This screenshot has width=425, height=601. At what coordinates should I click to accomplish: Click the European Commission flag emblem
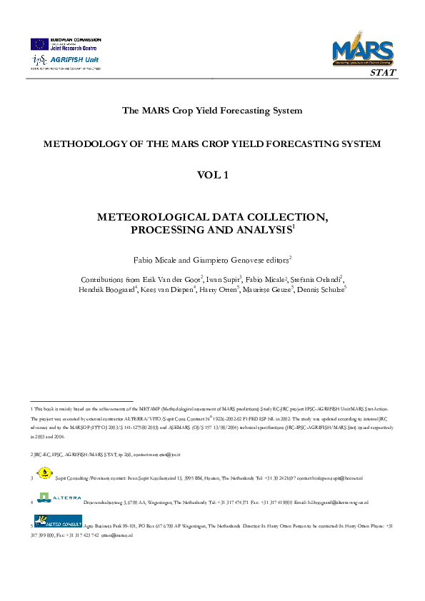pos(39,44)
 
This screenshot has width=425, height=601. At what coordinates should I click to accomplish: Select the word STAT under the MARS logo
pos(382,73)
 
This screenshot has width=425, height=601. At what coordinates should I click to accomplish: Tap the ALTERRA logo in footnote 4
pos(59,497)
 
